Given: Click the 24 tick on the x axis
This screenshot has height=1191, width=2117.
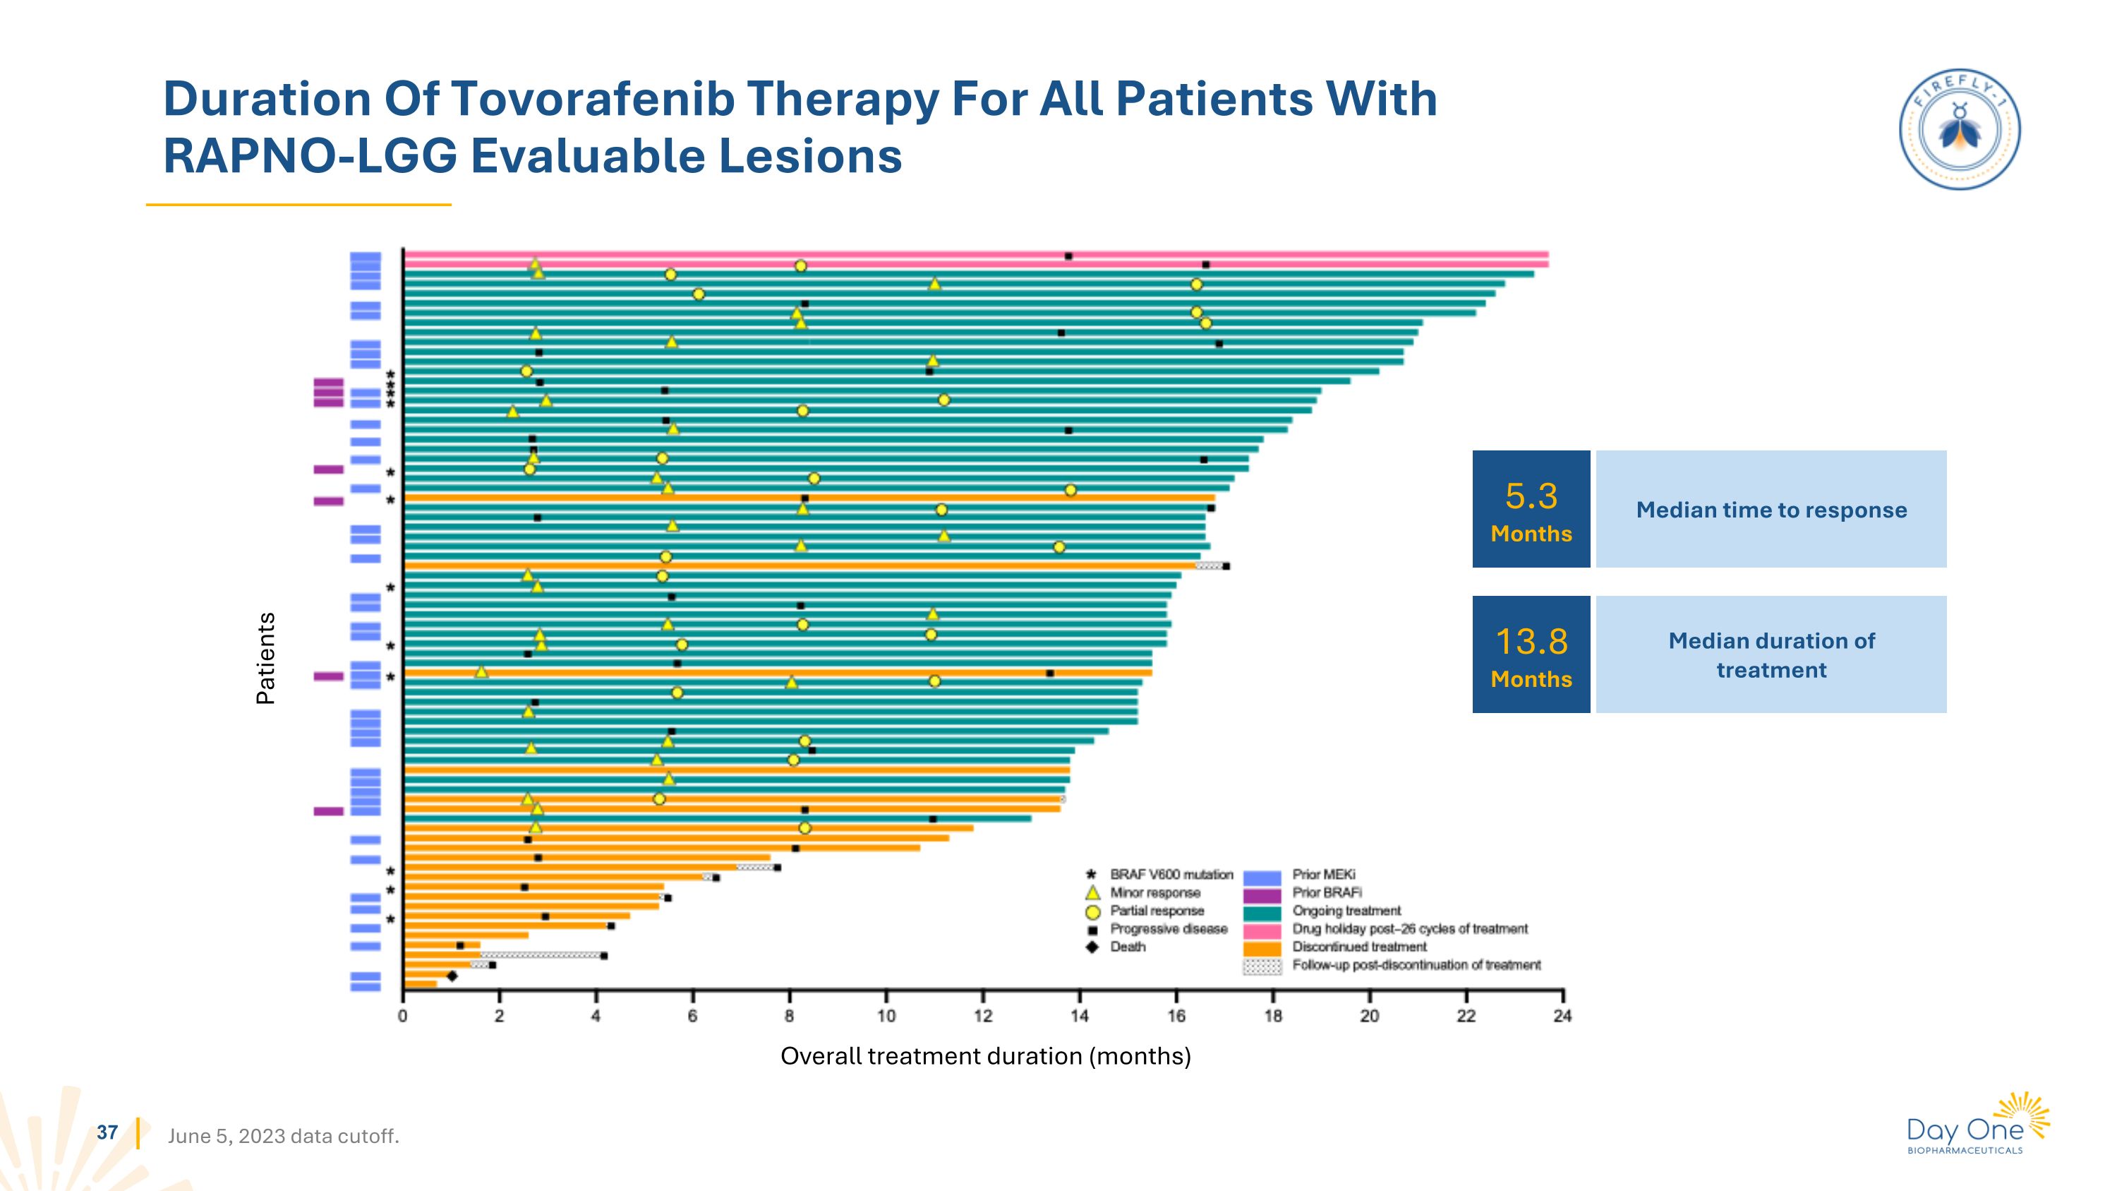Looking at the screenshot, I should coord(1562,1016).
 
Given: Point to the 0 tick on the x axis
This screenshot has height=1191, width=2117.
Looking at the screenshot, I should coord(403,1016).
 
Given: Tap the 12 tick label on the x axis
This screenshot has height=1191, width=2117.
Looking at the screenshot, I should coord(982,1016).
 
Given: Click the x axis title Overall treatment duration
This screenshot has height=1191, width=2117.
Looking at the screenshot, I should coord(985,1056).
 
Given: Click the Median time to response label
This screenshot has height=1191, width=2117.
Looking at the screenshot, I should coord(1771,510).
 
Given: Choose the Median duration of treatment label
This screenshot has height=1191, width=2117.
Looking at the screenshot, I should coord(1771,655).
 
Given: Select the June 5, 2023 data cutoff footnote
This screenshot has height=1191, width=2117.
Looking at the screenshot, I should coord(283,1136).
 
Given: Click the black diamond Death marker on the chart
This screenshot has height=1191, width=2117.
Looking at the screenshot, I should coord(452,976).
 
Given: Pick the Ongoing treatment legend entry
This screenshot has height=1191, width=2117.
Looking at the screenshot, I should coord(1346,911).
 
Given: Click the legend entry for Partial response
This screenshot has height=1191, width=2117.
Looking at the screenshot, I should coord(1157,911).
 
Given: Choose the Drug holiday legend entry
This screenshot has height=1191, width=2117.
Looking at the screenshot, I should coord(1409,929).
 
